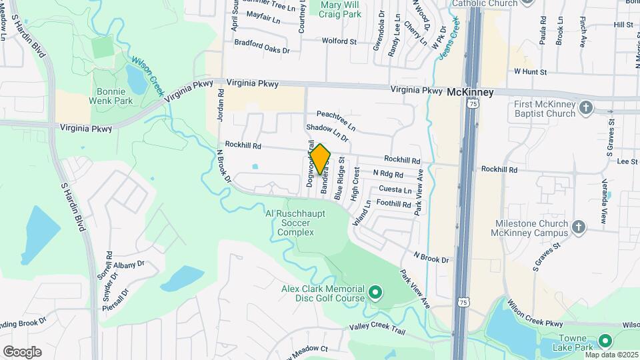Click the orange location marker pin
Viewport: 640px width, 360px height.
(320, 159)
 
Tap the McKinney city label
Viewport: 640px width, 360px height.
(470, 92)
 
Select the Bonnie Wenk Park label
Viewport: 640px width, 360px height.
(115, 96)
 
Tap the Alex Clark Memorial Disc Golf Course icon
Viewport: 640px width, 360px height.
(375, 291)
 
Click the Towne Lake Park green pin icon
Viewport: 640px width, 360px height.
(605, 341)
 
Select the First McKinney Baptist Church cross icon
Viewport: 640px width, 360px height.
(585, 107)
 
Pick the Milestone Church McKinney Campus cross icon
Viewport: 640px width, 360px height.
(578, 227)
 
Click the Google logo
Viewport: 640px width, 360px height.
(21, 352)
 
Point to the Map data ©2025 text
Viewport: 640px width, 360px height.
(611, 355)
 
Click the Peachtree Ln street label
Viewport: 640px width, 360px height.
(337, 119)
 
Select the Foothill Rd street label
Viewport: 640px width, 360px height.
(394, 203)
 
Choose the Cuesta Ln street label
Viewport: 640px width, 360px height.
(395, 189)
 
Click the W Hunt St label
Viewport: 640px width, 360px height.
(530, 71)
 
